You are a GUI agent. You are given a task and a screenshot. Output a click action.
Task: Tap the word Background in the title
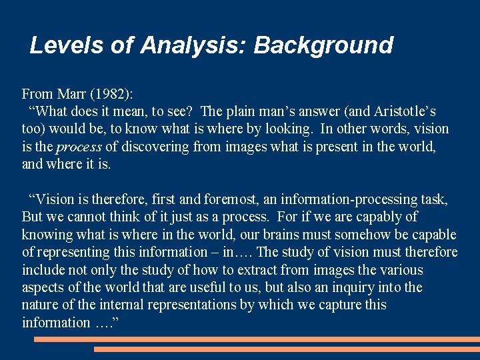click(x=323, y=45)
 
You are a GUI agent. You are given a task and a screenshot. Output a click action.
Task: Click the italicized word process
click(x=79, y=147)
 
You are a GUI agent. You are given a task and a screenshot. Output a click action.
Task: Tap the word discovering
click(x=155, y=146)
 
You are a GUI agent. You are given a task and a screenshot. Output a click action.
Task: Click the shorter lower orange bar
click(x=287, y=349)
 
